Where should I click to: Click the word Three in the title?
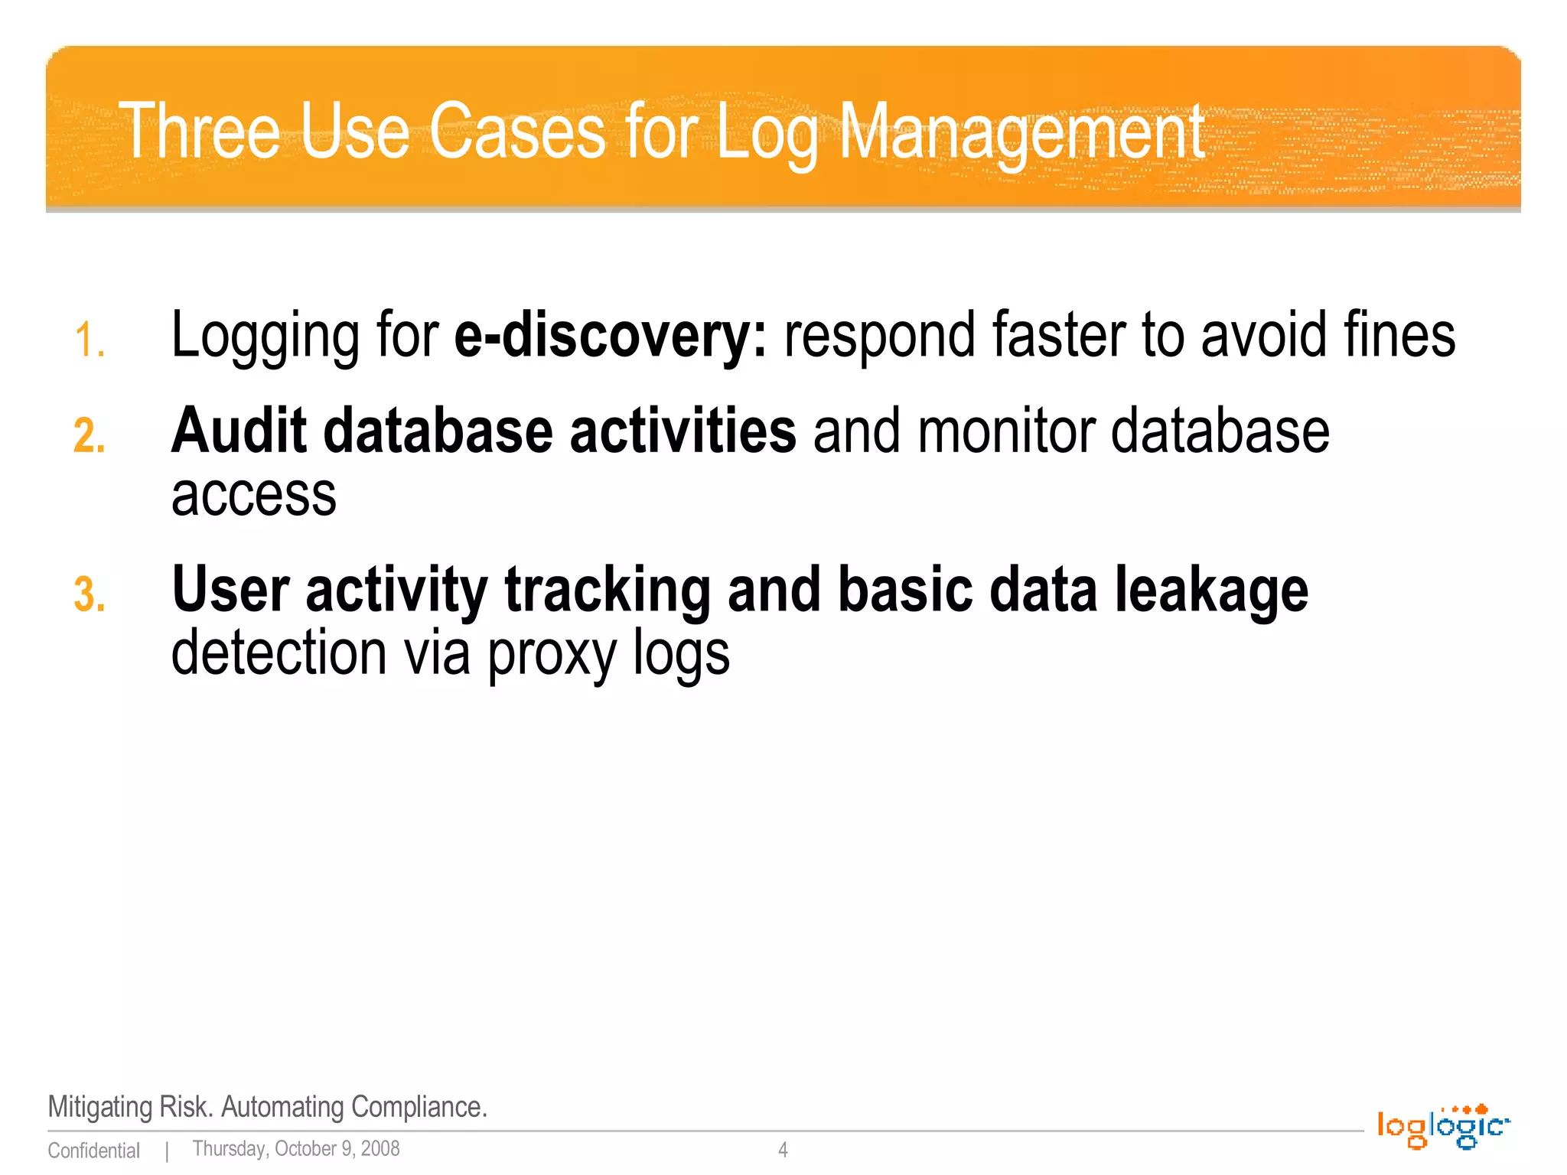click(x=200, y=132)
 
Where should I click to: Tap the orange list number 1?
click(x=89, y=340)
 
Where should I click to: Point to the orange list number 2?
click(x=89, y=436)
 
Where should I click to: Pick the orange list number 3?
click(x=89, y=595)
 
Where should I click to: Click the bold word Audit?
click(x=238, y=431)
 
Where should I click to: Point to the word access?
click(x=253, y=496)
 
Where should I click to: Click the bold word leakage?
click(x=1210, y=589)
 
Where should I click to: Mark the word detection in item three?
click(x=279, y=653)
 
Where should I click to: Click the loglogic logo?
click(x=1442, y=1126)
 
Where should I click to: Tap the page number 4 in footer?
click(x=783, y=1149)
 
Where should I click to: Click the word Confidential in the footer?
click(x=93, y=1151)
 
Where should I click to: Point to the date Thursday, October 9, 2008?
click(x=295, y=1149)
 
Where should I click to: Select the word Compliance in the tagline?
click(x=418, y=1107)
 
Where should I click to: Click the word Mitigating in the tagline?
click(x=100, y=1107)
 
